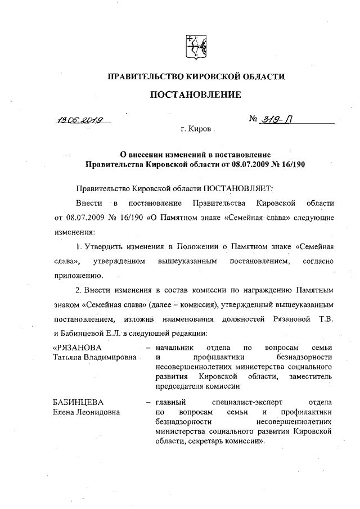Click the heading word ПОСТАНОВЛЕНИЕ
195,94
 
